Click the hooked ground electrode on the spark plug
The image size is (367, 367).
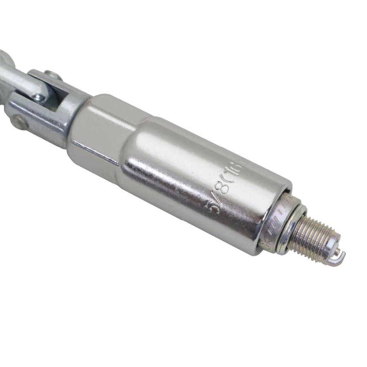(340, 257)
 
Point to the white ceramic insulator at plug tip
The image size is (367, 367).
(331, 247)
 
